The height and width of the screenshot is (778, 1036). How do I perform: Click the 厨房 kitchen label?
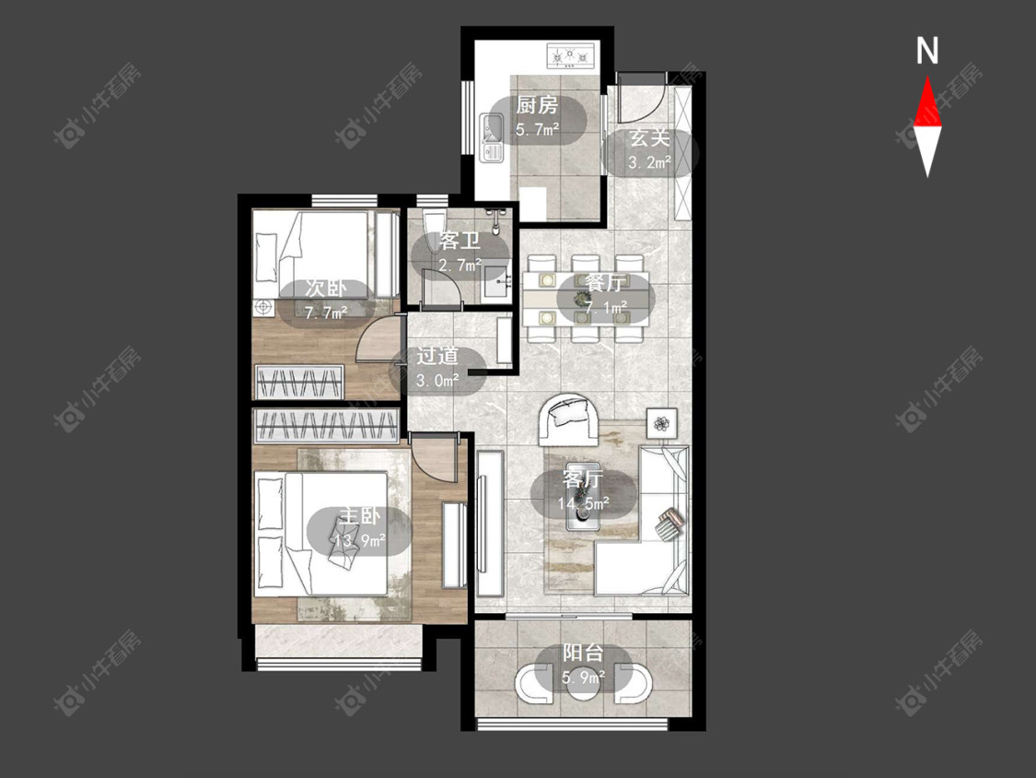click(x=537, y=105)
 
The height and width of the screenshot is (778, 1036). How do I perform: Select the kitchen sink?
click(x=492, y=137)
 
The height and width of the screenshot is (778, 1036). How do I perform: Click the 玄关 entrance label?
click(x=649, y=138)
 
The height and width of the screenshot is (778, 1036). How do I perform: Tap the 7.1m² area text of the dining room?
click(x=607, y=308)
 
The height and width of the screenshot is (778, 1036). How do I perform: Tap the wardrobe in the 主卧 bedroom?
click(x=326, y=425)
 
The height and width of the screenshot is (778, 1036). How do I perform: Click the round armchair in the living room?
click(x=569, y=420)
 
